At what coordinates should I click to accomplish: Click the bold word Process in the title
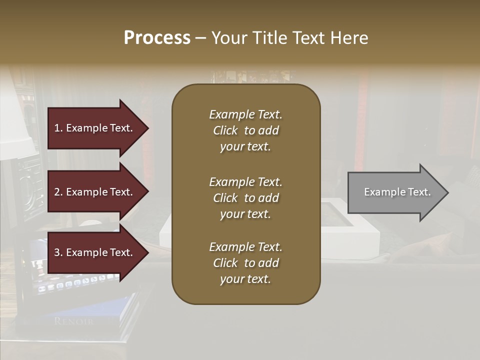point(157,38)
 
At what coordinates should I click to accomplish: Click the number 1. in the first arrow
point(58,128)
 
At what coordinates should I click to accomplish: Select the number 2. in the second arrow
point(58,192)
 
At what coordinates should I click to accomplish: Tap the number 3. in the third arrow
point(58,252)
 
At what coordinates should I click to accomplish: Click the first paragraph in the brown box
point(245,130)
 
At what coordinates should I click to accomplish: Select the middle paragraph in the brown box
point(245,198)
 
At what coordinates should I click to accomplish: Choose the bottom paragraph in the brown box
point(245,263)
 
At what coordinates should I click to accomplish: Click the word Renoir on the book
point(74,321)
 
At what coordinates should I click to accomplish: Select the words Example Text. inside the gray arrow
point(397,192)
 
